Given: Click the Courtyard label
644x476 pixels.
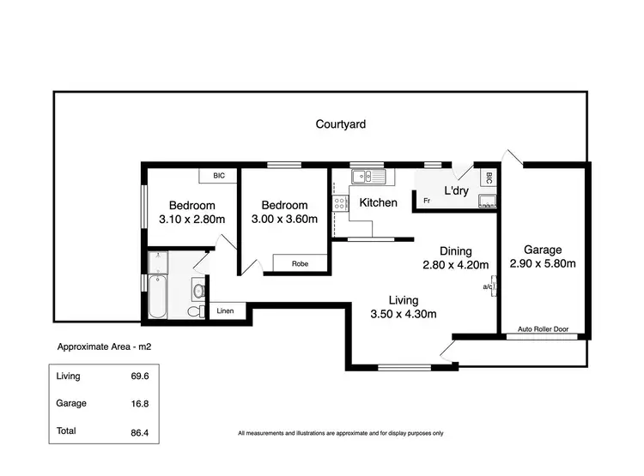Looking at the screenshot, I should click(x=341, y=124).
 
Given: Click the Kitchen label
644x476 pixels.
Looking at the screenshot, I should click(x=378, y=203).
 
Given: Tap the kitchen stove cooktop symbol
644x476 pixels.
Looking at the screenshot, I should click(x=340, y=204).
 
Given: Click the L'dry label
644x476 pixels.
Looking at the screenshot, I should click(x=455, y=191).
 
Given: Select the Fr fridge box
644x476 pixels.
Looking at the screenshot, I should click(x=426, y=202).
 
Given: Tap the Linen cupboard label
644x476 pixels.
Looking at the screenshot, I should click(x=225, y=310).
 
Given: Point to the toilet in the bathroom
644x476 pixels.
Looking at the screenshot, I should click(x=199, y=290).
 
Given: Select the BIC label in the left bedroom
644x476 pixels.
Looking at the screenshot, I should click(x=219, y=176).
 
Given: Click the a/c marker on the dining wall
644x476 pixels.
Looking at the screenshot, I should click(x=488, y=288).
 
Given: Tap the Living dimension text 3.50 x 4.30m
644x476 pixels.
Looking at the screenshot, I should click(x=403, y=314).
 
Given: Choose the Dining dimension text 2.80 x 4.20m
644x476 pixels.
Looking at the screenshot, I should click(x=455, y=264).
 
